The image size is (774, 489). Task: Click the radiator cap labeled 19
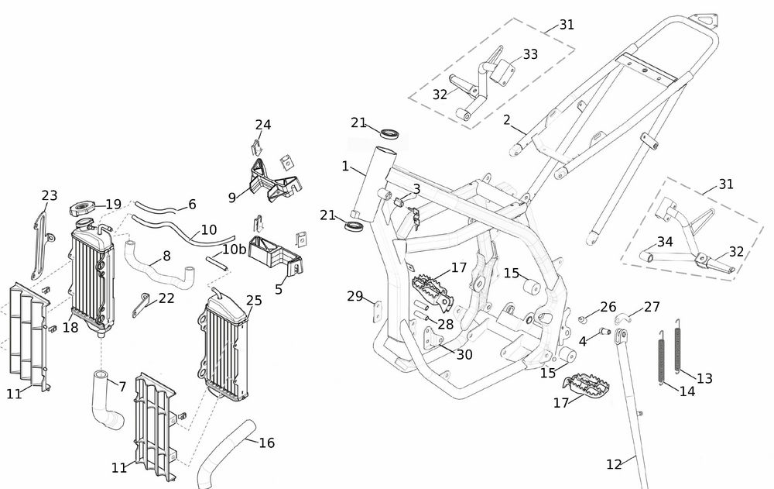[81, 208]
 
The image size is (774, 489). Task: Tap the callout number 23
[50, 196]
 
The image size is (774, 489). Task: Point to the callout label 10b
[235, 249]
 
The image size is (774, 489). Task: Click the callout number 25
[254, 301]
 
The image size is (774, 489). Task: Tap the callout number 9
[231, 198]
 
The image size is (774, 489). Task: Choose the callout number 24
[263, 125]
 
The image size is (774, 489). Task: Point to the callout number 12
[614, 465]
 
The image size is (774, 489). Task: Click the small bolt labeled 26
[584, 319]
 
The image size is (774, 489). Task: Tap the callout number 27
[652, 306]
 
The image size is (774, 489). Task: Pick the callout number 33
[530, 54]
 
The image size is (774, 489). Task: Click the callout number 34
[665, 243]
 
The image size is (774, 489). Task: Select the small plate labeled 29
[377, 311]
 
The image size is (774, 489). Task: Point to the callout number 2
[507, 119]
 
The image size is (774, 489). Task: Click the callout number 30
[464, 354]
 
